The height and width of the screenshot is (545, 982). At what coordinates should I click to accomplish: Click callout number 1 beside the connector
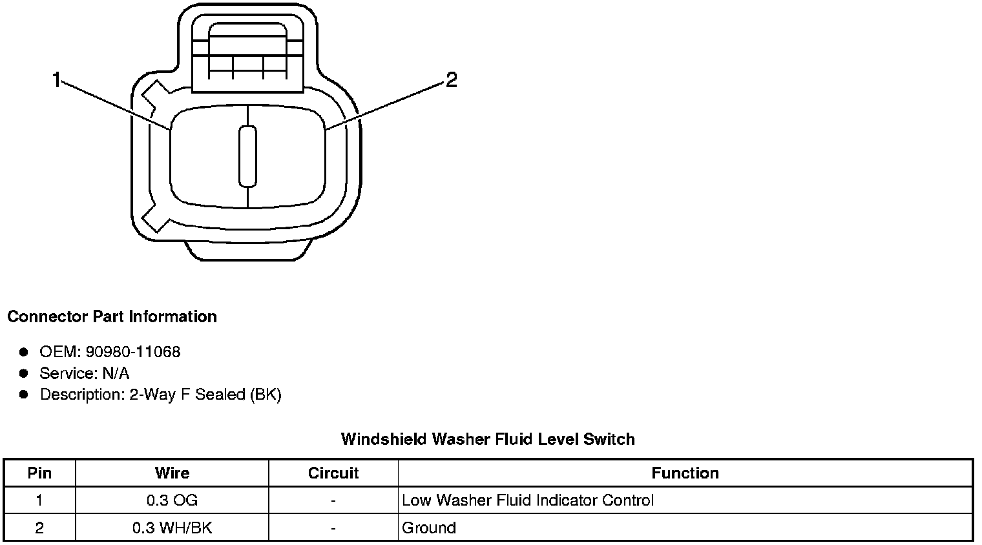tap(57, 81)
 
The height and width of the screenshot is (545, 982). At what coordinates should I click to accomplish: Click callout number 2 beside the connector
tap(451, 80)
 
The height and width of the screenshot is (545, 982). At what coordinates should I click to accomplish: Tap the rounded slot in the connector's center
tap(247, 156)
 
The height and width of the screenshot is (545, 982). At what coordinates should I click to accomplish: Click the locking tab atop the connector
tap(247, 55)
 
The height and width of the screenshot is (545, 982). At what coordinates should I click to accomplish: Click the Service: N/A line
tap(84, 373)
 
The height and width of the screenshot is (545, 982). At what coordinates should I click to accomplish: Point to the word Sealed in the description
tap(220, 395)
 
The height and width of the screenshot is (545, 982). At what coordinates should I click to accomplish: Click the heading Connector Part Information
tap(112, 317)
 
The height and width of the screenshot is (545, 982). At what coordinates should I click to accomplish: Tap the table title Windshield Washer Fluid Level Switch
tap(488, 440)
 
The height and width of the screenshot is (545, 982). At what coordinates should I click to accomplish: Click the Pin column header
tap(39, 473)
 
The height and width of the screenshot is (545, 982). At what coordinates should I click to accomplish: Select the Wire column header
tap(172, 473)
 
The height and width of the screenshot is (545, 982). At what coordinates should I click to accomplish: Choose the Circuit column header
tap(333, 473)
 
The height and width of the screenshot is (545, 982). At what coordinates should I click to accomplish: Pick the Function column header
tap(685, 473)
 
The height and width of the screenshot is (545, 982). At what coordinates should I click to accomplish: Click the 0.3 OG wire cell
tap(172, 500)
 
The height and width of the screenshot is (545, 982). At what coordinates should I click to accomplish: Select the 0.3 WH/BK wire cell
tap(172, 528)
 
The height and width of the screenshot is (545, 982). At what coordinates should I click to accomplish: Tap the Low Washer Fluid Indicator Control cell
tap(527, 500)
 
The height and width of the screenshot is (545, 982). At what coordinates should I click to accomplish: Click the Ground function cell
tap(429, 528)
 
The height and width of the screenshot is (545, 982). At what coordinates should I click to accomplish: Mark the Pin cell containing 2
tap(39, 528)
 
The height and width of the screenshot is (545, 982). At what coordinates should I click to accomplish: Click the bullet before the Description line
tap(24, 395)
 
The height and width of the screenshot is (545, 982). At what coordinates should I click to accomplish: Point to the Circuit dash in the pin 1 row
tap(333, 500)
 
